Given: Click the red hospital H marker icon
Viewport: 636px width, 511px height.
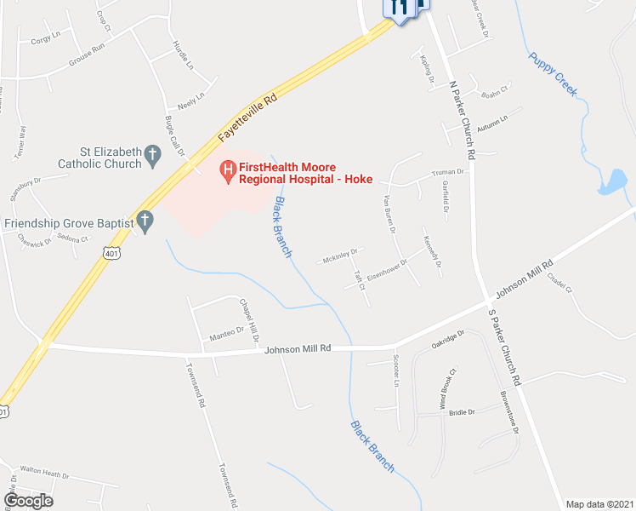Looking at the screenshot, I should [x=228, y=172].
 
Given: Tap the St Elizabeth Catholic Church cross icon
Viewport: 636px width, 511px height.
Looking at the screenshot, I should [x=153, y=155].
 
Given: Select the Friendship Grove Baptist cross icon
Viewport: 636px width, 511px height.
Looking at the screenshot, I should [x=145, y=222].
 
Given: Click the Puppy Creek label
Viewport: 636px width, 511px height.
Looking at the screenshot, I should [x=553, y=72].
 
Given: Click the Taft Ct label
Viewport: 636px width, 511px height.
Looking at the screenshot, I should [x=360, y=281].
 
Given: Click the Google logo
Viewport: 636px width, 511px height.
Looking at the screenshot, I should [x=28, y=501].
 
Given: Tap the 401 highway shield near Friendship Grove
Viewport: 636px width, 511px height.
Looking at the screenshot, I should [x=111, y=252].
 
